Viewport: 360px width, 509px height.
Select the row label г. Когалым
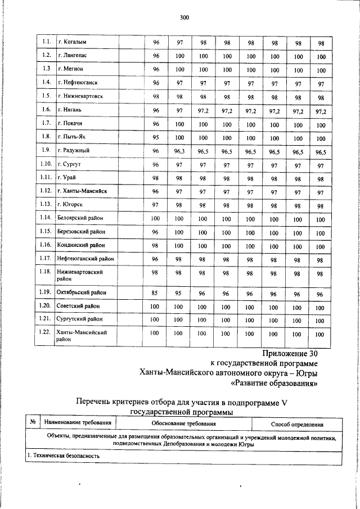[x=71, y=42]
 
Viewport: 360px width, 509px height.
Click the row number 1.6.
[x=47, y=110]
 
